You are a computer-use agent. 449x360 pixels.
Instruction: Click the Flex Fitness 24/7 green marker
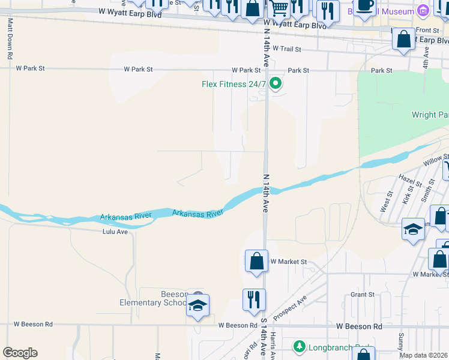point(276,83)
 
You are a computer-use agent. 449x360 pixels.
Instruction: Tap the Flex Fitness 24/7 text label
point(234,84)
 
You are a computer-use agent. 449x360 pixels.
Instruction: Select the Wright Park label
point(430,115)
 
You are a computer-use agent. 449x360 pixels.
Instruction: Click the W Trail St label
point(286,48)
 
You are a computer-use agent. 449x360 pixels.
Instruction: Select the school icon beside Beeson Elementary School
point(197,305)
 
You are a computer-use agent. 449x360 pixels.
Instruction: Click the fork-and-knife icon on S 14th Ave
point(254,299)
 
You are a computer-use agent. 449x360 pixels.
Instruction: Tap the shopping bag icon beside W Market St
point(256,262)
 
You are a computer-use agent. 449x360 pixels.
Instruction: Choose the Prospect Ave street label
point(290,307)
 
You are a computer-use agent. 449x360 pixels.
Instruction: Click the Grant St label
point(363,295)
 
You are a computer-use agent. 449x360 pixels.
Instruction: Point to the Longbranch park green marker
point(299,347)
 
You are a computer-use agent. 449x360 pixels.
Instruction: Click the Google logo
point(20,353)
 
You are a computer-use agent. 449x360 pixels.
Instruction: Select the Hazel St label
point(407,179)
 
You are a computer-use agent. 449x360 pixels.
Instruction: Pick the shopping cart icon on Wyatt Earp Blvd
point(279,8)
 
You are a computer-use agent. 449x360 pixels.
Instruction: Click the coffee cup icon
point(364,5)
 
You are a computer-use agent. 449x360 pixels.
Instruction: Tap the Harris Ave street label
point(273,345)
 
